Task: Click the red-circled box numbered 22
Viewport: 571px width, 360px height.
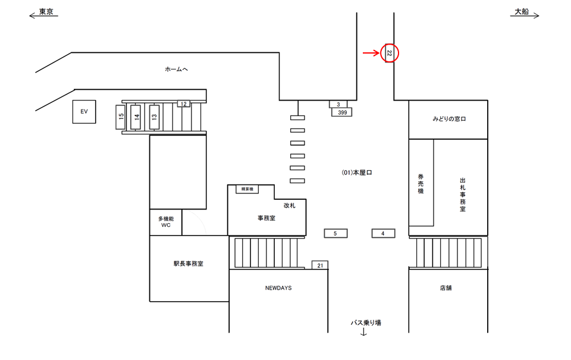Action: click(389, 53)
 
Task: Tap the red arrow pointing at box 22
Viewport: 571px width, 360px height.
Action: click(371, 53)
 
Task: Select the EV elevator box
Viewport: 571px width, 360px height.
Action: click(84, 111)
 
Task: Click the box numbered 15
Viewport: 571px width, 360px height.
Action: click(121, 117)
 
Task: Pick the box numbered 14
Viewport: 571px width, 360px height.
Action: click(136, 117)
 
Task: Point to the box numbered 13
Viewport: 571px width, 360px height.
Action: click(155, 117)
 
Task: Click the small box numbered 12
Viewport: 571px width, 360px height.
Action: click(184, 104)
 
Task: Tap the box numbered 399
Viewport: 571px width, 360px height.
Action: click(342, 112)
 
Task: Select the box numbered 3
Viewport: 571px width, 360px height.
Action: click(338, 104)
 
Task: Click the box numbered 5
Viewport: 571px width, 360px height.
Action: click(335, 233)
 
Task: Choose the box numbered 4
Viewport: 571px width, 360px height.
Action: click(383, 233)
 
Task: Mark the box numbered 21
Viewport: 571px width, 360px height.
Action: click(320, 265)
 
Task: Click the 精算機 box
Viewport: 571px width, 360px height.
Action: click(247, 189)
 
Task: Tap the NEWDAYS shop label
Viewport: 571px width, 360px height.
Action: click(278, 288)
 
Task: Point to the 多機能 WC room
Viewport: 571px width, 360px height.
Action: click(166, 222)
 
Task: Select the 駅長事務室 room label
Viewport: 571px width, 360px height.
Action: click(189, 264)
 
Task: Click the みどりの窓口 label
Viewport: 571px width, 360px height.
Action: click(449, 119)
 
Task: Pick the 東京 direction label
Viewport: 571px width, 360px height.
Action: click(46, 12)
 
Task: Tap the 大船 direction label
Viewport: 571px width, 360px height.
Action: click(522, 12)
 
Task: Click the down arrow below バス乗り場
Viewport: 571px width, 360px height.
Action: click(363, 332)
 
